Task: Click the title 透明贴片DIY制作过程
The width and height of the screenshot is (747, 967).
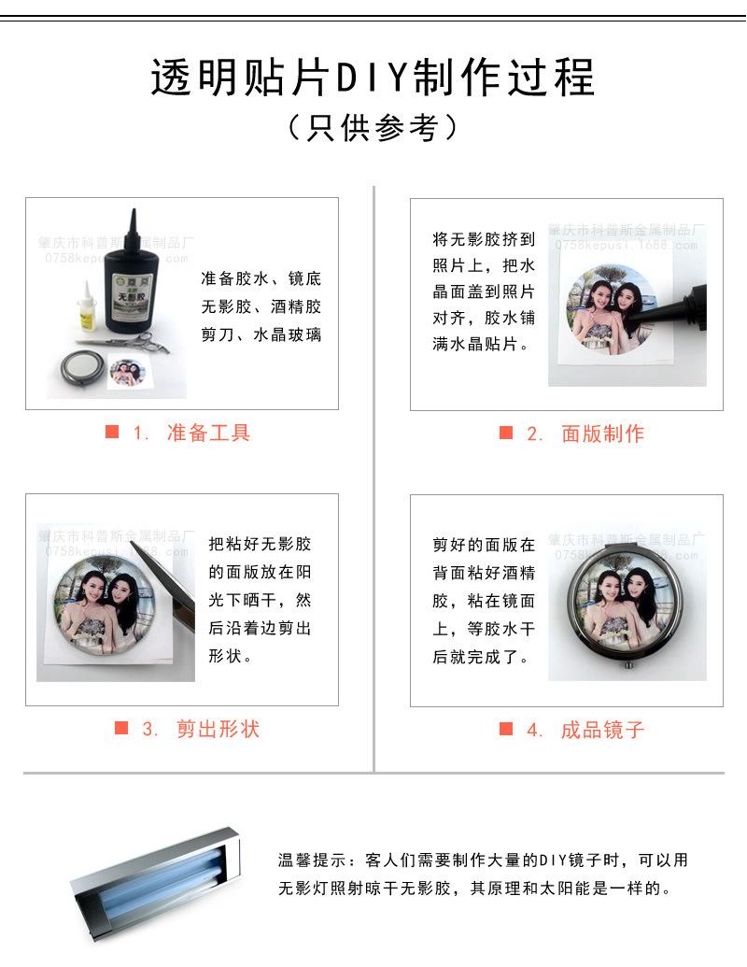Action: [x=373, y=78]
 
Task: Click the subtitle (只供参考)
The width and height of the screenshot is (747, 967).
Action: [x=373, y=128]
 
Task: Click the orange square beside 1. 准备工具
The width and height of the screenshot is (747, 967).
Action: [x=112, y=432]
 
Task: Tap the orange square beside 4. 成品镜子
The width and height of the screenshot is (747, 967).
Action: [x=506, y=729]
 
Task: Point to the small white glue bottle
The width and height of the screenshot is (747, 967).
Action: [x=86, y=307]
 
